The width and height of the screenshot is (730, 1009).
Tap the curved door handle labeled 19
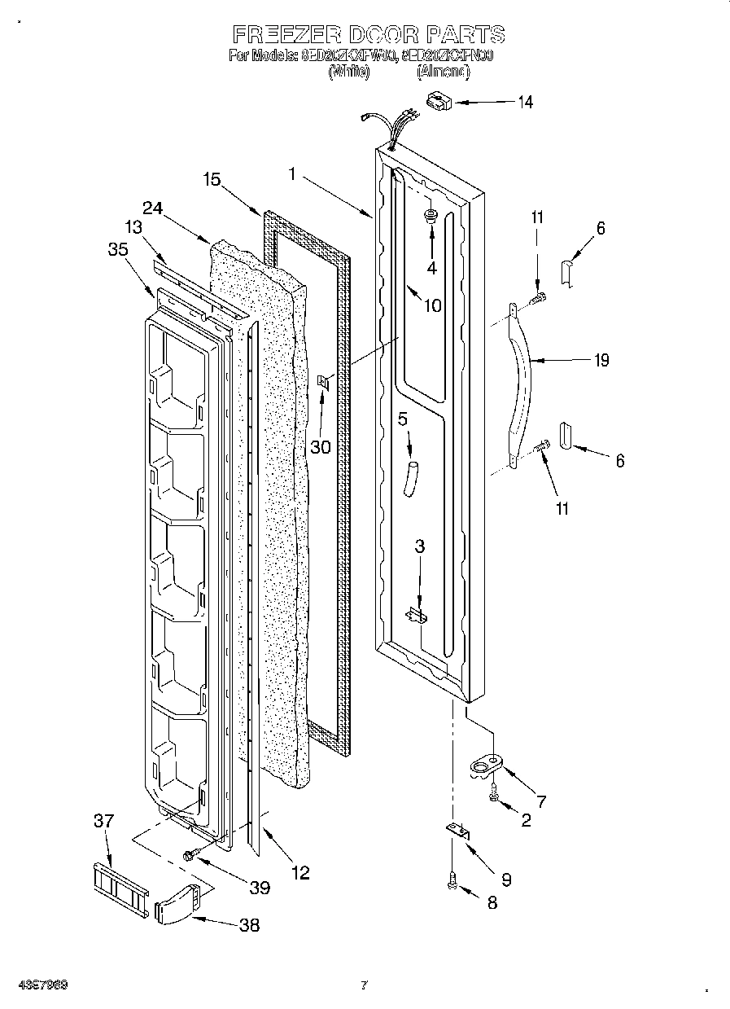coord(522,383)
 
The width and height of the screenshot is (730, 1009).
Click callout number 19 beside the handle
coord(601,360)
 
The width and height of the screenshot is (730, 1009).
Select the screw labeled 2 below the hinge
coord(493,792)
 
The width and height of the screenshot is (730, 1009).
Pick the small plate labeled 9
coord(458,831)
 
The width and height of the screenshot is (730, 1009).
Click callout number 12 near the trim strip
coord(300,873)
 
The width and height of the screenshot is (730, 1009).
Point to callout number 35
coord(118,250)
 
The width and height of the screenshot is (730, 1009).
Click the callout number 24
coord(153,208)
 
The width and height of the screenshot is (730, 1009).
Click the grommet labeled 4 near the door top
coord(431,216)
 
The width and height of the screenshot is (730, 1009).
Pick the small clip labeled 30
coord(323,381)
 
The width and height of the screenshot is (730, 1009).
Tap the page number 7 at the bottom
coord(364,985)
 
